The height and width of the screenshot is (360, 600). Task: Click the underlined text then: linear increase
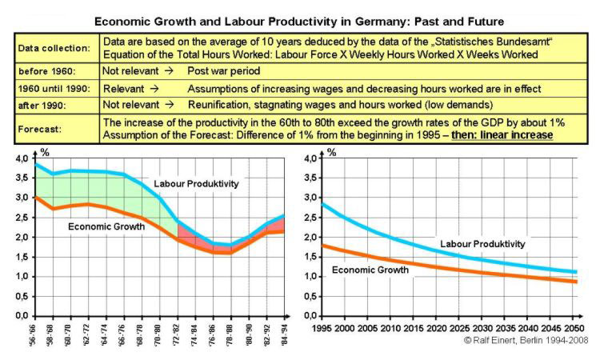point(502,134)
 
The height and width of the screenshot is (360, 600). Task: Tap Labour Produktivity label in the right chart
point(482,243)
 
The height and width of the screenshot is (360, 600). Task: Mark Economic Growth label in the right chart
point(369,270)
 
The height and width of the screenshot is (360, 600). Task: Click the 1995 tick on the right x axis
point(321,328)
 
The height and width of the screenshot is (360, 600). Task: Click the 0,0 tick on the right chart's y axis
point(307,315)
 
